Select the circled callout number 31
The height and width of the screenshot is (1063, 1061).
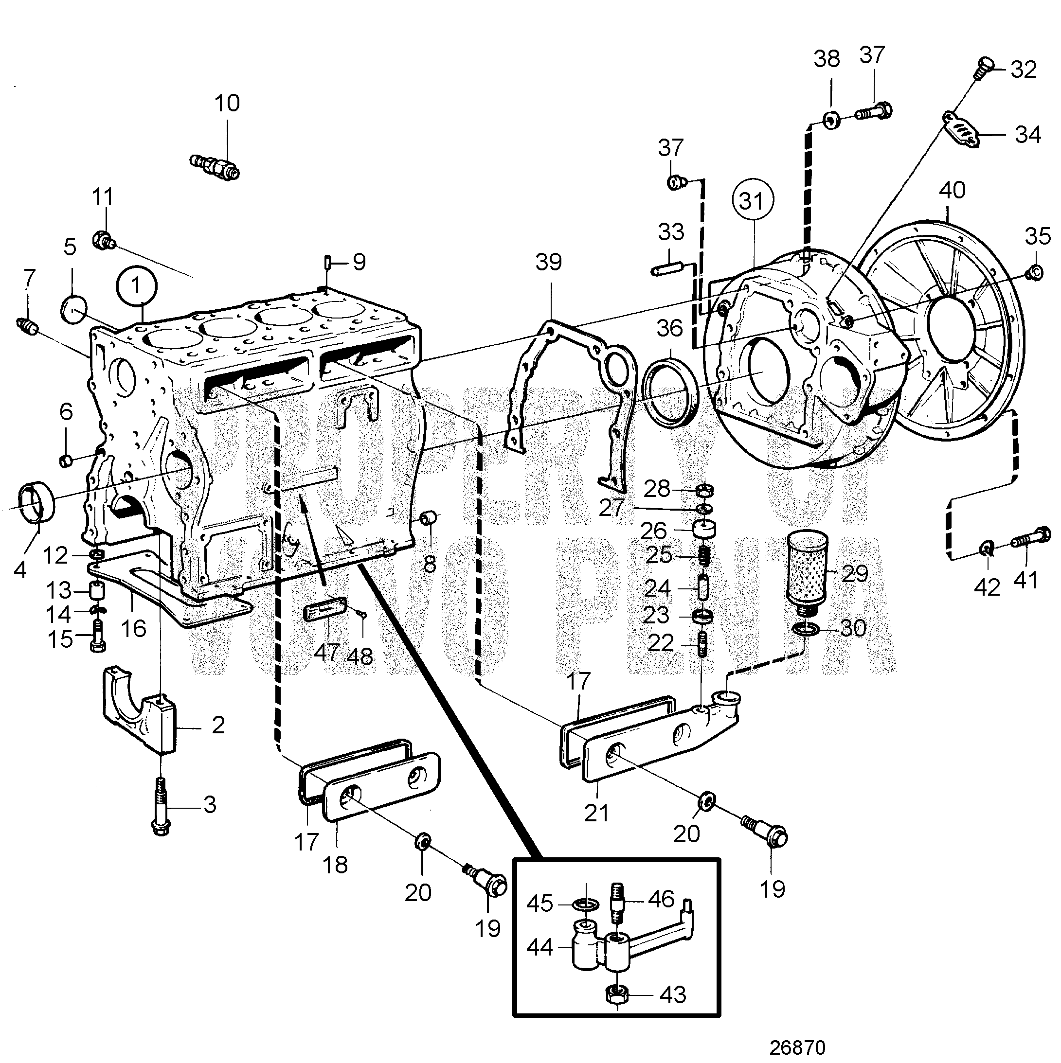pos(753,201)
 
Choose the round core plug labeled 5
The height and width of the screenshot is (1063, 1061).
pos(74,310)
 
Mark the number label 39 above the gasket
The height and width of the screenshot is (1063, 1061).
pos(549,263)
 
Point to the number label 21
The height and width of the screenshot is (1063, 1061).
pos(596,813)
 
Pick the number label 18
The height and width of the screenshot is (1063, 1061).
pos(335,866)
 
